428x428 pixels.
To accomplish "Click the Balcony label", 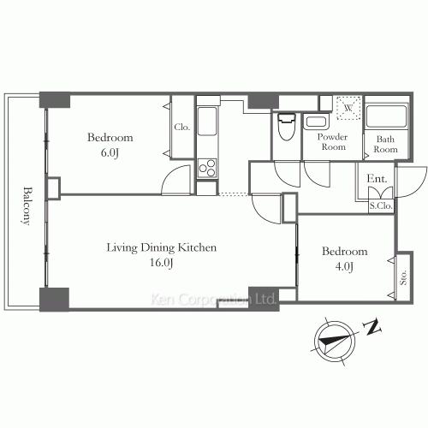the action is pos(27,205).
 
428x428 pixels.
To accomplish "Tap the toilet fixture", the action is pos(287,127).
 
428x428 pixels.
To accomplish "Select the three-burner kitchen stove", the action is pos(207,168).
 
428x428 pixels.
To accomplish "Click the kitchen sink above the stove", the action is pos(207,121).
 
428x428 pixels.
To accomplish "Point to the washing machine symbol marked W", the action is pos(348,108).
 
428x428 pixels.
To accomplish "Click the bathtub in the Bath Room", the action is pos(387,116).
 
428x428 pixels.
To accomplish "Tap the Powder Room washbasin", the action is pos(316,122).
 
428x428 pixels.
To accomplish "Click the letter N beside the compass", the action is pos(372,327).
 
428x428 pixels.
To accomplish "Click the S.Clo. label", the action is pos(381,205).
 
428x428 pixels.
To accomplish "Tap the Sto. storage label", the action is pos(403,277).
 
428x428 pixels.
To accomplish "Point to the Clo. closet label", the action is pos(182,127).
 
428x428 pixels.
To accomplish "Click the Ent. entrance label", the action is pos(377,179).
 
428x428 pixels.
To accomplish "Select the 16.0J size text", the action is pos(162,263).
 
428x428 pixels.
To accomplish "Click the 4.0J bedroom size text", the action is pos(344,266).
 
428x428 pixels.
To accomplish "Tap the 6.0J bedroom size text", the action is pos(110,152).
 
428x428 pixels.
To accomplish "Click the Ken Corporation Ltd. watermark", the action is pos(213,300).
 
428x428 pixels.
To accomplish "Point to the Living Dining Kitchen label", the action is pos(162,247).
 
